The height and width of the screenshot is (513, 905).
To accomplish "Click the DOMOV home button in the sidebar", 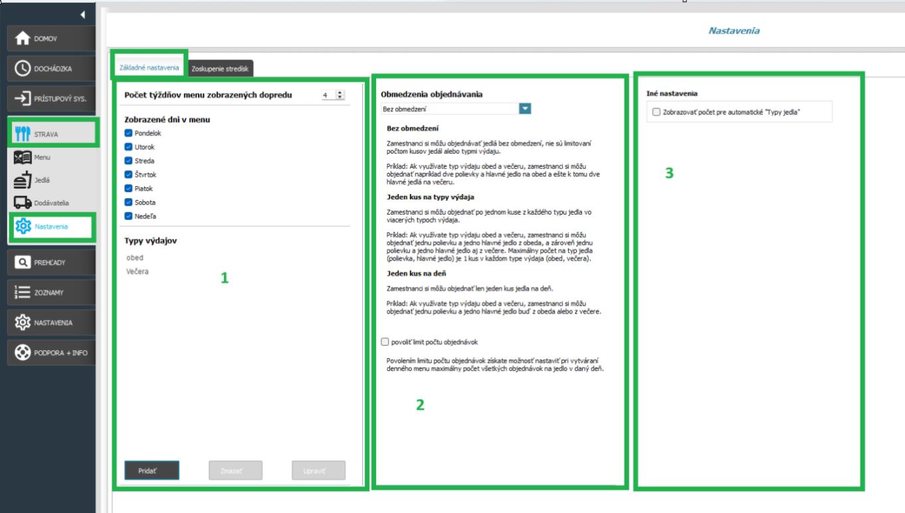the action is [51, 39].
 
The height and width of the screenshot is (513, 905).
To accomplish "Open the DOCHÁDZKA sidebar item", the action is [51, 68].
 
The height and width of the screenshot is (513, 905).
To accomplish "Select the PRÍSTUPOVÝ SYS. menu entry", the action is [51, 98].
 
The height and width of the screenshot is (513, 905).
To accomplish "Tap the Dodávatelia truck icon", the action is [23, 203].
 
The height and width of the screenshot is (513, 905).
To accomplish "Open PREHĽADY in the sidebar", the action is [51, 262].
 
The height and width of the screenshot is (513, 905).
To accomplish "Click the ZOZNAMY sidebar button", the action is [51, 292].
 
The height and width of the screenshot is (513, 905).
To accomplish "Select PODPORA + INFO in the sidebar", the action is [51, 353].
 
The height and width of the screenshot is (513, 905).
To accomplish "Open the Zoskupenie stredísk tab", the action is [220, 68].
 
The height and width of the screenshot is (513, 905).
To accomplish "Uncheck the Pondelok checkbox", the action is [128, 133].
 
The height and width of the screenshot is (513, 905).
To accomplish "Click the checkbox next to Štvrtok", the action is [128, 175].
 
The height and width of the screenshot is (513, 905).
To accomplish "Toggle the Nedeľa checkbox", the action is [128, 216].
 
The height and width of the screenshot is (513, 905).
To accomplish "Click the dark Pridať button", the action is [152, 470].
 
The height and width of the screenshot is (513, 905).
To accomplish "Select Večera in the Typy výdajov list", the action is [138, 271].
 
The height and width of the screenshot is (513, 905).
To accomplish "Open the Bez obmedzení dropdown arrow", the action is [525, 109].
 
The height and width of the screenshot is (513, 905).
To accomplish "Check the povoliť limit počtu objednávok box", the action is [385, 342].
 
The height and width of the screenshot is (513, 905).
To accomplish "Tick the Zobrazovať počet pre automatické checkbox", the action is [656, 112].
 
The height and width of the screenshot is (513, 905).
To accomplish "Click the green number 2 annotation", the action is [420, 405].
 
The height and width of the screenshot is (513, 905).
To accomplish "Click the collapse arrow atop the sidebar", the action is [82, 15].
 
